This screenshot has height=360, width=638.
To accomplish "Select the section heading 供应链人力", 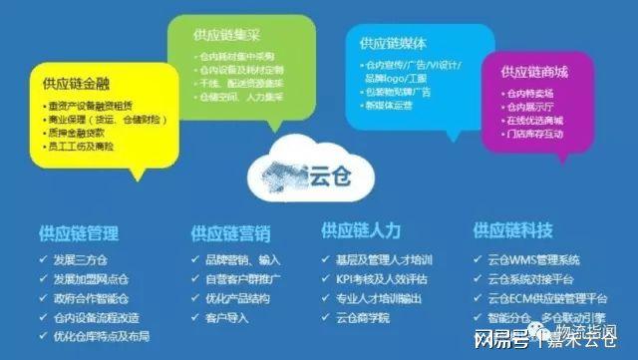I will click(361, 231).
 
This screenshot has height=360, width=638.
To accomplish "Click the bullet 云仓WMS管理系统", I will click(538, 259).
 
